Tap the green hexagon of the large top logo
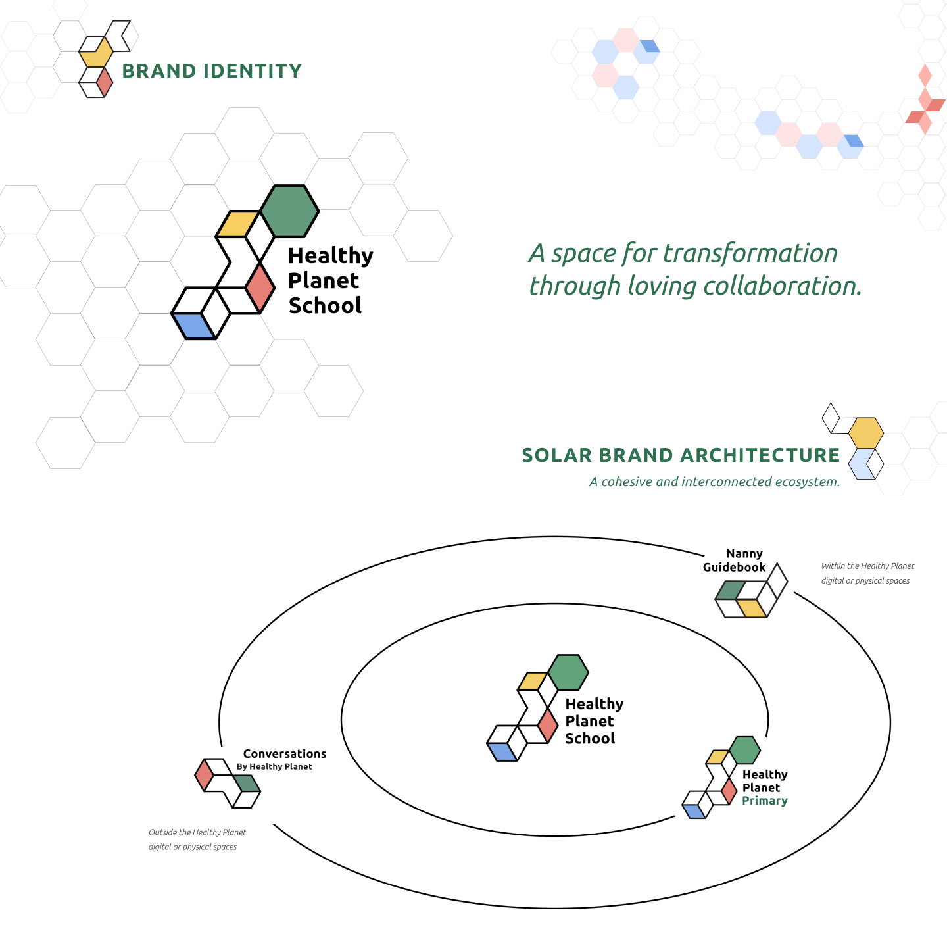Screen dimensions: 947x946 [x=289, y=211]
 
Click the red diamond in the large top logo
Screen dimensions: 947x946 [x=260, y=287]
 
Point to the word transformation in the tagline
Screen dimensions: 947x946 [x=750, y=254]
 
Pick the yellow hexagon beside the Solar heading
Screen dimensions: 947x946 [x=866, y=433]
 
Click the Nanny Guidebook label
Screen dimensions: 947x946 [x=734, y=560]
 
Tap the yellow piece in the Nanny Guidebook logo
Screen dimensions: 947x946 [x=752, y=608]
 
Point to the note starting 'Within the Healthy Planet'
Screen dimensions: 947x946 [x=867, y=573]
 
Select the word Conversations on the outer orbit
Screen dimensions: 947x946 [x=285, y=753]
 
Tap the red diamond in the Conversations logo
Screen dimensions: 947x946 [x=204, y=775]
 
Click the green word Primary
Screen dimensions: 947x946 [x=765, y=801]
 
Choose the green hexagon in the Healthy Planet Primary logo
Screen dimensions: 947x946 [x=744, y=751]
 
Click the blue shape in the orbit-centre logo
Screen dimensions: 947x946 [x=502, y=752]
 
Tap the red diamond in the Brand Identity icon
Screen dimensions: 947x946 [x=104, y=82]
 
